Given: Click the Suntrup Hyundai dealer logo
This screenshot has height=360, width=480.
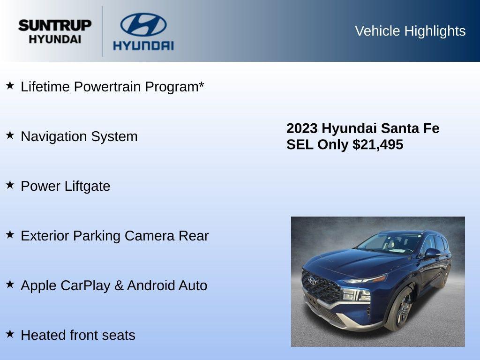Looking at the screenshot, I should coord(55,31).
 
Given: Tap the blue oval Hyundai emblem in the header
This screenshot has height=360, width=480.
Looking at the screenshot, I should coord(143,24).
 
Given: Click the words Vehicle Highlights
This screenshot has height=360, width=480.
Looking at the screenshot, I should coord(410,31).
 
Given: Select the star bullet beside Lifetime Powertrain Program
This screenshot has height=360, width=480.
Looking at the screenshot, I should coord(10,85).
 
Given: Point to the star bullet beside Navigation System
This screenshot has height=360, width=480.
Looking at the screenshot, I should coord(10,135).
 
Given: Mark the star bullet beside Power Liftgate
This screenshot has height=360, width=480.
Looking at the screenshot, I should coord(10,185).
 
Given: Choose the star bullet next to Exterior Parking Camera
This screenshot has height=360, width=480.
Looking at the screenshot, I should coord(10,234).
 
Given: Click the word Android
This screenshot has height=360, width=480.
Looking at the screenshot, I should coord(150,285).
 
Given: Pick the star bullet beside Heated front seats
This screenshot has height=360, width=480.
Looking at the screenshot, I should coord(10,334).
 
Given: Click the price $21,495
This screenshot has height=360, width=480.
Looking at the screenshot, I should coord(378,144).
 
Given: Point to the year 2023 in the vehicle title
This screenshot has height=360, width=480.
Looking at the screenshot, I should coord(302,128).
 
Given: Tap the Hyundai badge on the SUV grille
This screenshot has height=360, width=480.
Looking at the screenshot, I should coord(312,280).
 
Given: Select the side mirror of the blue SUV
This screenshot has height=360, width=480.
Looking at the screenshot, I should coord(432,253).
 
